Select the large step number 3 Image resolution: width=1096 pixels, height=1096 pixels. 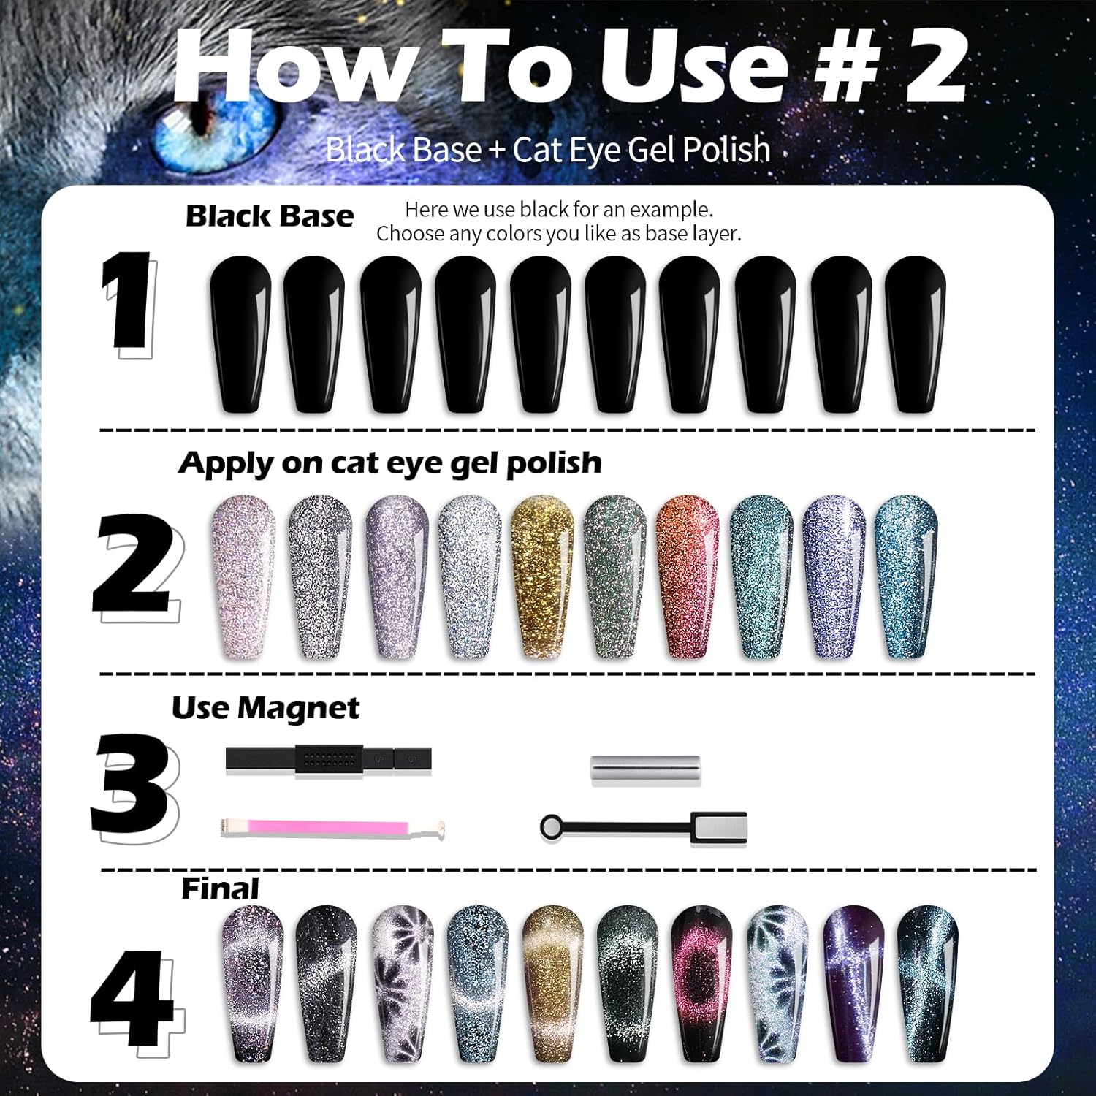click(132, 785)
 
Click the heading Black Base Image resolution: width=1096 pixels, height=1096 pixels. click(269, 216)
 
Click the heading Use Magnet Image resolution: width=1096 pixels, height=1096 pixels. click(265, 708)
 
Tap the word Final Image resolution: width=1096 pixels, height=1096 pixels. click(220, 888)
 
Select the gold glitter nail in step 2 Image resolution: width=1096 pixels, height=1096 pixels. click(541, 577)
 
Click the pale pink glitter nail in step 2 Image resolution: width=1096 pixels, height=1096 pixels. click(243, 577)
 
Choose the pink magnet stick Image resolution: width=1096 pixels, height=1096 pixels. click(332, 828)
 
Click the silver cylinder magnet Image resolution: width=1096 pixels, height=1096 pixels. click(646, 771)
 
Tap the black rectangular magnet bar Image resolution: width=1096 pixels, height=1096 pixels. click(329, 759)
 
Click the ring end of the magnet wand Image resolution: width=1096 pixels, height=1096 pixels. click(550, 827)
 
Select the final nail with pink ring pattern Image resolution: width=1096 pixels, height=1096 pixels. click(701, 983)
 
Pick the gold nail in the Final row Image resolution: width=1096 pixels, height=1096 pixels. click(553, 983)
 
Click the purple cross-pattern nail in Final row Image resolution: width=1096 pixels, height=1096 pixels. click(853, 983)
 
